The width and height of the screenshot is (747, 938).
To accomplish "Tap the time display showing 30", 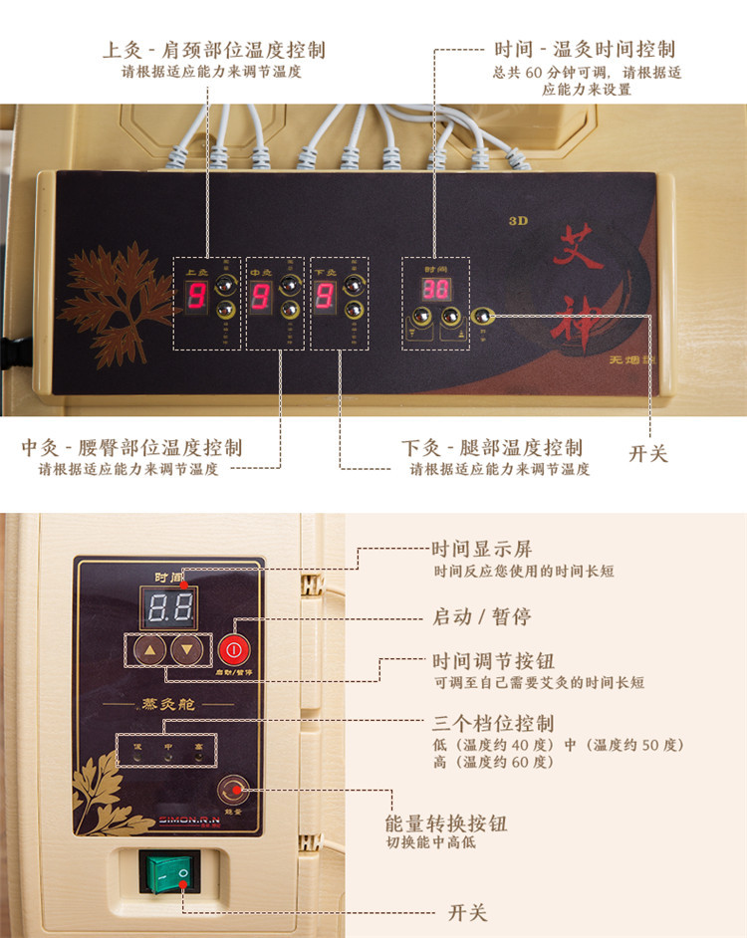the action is point(434,290).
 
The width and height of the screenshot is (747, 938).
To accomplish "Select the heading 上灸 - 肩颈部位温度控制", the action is point(214,50).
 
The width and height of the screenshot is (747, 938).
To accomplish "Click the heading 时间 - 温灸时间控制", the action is point(585,49).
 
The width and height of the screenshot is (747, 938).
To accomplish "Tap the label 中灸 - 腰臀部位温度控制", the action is point(131,447).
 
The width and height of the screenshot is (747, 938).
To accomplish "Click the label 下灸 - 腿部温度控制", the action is point(492,447).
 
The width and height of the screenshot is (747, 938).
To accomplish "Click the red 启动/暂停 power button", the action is point(231,650).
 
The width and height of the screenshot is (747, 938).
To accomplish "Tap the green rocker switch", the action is point(169,874).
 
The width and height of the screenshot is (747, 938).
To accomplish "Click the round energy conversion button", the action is point(235,792).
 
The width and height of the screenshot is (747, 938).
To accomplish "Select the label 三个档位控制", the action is point(492,723).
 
